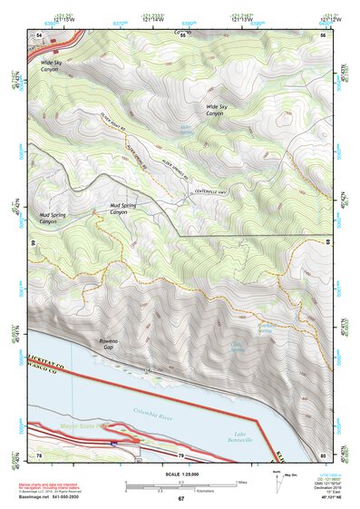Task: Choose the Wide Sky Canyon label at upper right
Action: coord(215,111)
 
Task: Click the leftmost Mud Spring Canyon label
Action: coord(54,219)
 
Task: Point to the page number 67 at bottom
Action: coord(180,499)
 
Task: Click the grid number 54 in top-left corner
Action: coord(38,34)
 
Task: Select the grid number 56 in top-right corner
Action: coord(323,34)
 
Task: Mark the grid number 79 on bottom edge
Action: coord(180,455)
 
